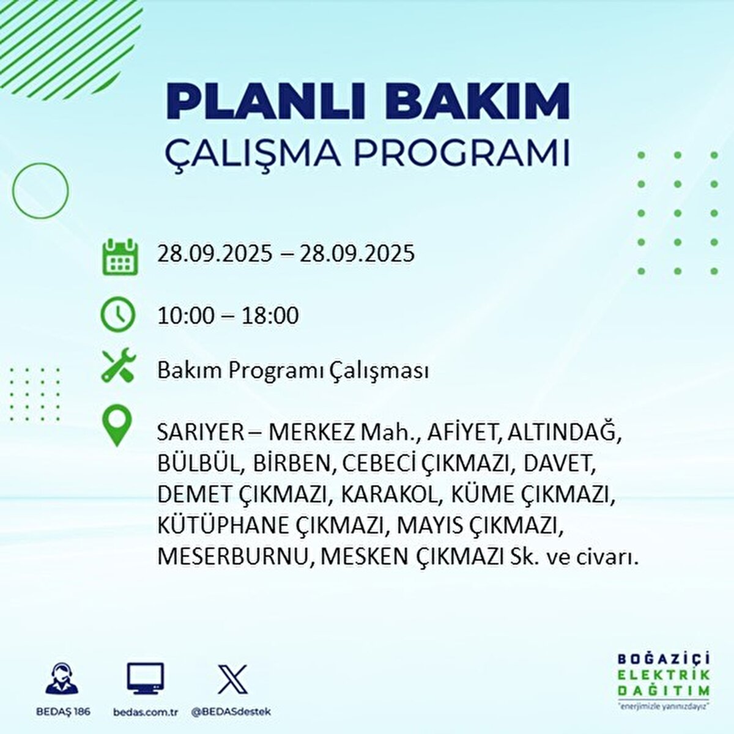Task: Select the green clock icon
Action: click(117, 314)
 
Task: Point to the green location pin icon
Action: click(117, 426)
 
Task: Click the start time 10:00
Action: click(186, 316)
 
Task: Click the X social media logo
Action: click(232, 679)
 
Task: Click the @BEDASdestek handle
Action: click(231, 712)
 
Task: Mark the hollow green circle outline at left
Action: click(40, 191)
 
